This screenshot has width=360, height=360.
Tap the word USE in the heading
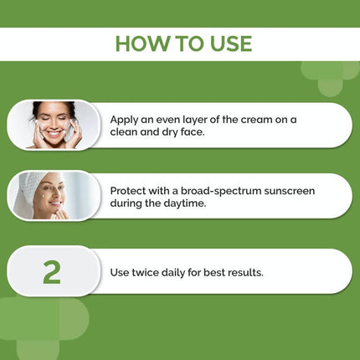226,44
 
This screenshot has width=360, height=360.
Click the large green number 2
52,270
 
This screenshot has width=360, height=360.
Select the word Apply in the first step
126,120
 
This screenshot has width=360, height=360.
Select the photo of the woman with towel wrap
52,196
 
